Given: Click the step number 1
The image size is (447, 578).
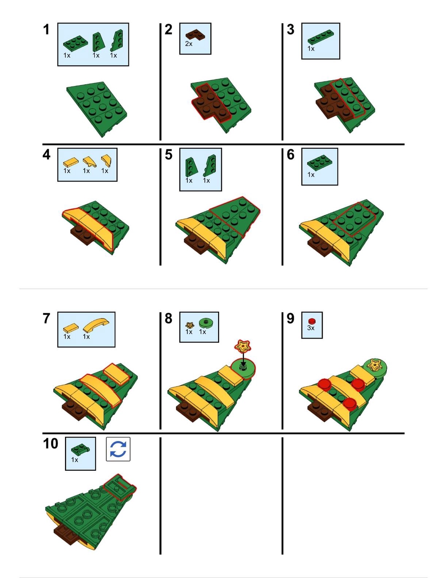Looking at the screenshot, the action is (x=46, y=30).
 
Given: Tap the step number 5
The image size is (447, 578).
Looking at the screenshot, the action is (x=168, y=154).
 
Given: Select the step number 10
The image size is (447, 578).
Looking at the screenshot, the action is (x=51, y=443).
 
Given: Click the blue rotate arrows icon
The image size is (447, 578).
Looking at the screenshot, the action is (x=118, y=449).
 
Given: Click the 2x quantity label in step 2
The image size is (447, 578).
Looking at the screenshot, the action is (x=189, y=44).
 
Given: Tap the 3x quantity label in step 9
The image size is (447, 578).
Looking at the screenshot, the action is (x=311, y=328).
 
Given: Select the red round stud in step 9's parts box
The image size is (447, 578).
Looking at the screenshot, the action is (x=312, y=321).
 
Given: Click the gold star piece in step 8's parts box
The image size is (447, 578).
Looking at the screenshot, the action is (x=189, y=325).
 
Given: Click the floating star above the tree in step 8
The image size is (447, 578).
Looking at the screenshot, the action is (x=243, y=345).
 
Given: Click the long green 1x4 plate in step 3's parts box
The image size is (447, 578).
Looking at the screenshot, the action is (x=320, y=37).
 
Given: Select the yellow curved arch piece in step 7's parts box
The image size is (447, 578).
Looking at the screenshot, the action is (x=96, y=325).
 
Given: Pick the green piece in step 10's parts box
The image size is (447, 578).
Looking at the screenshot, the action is (x=80, y=449).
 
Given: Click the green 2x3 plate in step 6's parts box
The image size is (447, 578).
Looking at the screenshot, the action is (x=320, y=164).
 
